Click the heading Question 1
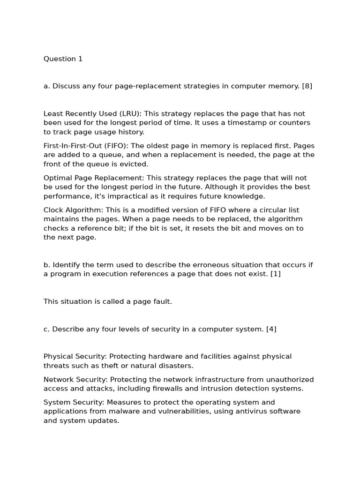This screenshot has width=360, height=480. (x=63, y=59)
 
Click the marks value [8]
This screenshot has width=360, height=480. (x=307, y=86)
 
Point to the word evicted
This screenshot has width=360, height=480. (x=134, y=164)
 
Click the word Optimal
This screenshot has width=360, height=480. (x=58, y=178)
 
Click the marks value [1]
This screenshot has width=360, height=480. (x=275, y=274)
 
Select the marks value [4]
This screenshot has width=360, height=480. (x=271, y=329)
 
